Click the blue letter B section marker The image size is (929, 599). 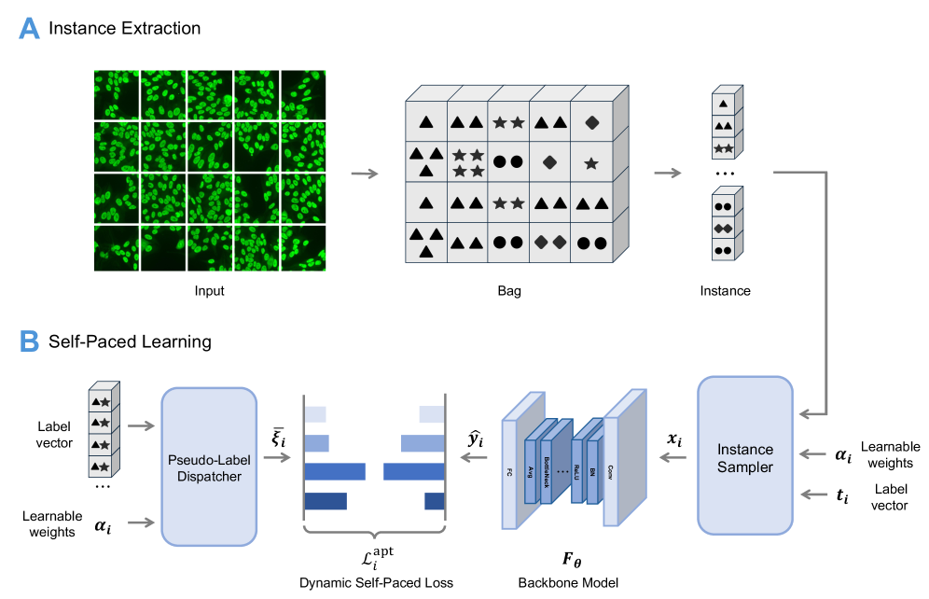point(30,341)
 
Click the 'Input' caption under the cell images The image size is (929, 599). point(209,291)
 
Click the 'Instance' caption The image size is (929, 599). point(725,291)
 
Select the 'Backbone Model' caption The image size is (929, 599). point(568,583)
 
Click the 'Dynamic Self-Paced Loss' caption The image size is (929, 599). point(376,583)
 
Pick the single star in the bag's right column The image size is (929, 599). point(589,162)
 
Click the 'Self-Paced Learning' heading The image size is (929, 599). point(130,341)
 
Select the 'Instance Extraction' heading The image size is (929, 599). point(124,28)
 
